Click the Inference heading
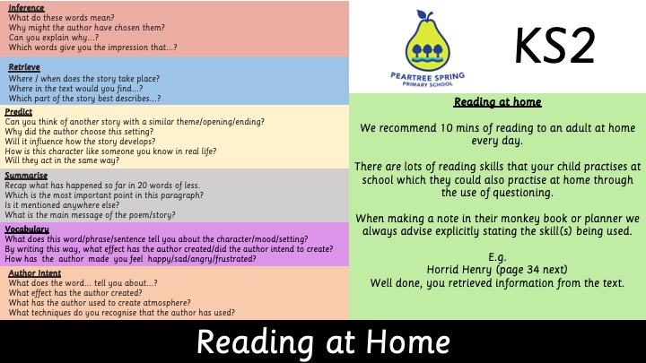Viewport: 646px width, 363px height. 26,8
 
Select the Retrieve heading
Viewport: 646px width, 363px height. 24,66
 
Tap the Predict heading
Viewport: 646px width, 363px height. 19,111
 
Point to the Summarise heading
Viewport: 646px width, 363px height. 26,176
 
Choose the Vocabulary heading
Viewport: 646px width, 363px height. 27,229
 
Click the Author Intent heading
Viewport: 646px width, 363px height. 35,272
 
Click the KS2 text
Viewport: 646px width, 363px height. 555,46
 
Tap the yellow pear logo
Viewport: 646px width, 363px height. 428,42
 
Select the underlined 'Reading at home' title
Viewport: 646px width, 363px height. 497,101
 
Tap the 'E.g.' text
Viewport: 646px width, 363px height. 497,257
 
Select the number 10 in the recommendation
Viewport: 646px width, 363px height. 447,128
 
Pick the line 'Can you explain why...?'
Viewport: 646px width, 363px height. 54,38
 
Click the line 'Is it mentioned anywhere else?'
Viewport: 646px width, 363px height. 62,205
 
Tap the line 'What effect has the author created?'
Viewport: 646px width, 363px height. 75,292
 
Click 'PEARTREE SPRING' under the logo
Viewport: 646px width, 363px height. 428,76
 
